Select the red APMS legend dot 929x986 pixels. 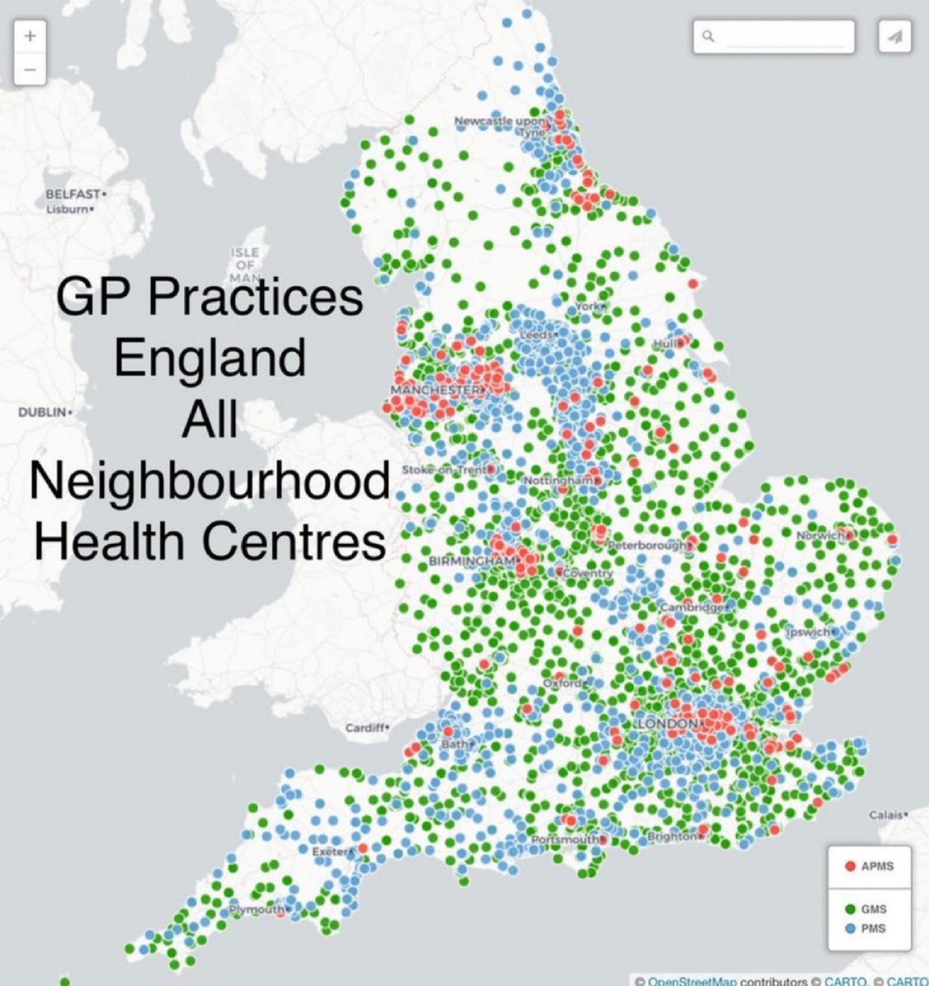(852, 866)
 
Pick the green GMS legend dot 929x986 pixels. (852, 910)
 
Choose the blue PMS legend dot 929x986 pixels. (852, 929)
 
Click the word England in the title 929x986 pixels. (209, 359)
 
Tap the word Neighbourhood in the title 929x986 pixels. (209, 483)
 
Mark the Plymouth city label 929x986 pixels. (256, 910)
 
